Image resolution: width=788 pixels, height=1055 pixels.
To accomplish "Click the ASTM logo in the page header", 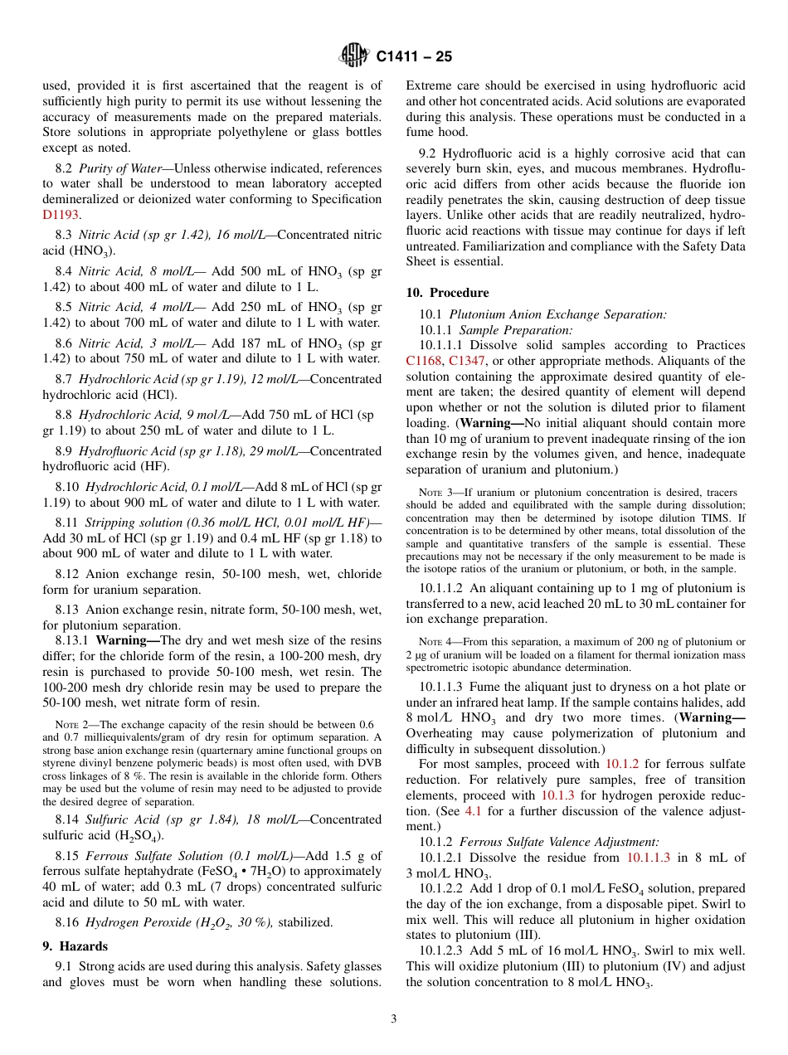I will pyautogui.click(x=354, y=56).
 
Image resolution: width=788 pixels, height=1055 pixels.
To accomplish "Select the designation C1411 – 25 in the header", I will pyautogui.click(x=413, y=57).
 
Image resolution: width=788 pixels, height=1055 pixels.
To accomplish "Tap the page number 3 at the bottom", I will pyautogui.click(x=394, y=1019).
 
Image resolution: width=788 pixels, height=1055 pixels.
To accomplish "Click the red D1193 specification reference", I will pyautogui.click(x=61, y=215).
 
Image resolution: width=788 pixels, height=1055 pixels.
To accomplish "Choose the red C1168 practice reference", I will pyautogui.click(x=424, y=361).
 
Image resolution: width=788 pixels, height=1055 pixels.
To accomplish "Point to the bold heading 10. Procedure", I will pyautogui.click(x=447, y=293).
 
